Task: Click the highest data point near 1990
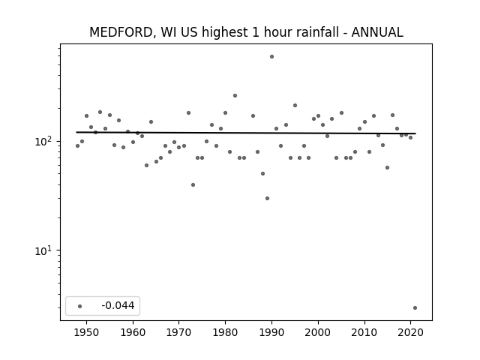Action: [x=271, y=57]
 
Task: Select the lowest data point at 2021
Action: [x=415, y=308]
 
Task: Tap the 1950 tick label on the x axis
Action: [x=87, y=332]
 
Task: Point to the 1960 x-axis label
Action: [x=133, y=332]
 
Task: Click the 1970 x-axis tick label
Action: [x=179, y=332]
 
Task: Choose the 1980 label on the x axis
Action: [x=225, y=332]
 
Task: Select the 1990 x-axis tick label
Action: [x=271, y=332]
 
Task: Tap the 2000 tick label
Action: [x=318, y=332]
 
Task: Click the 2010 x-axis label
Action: [x=364, y=332]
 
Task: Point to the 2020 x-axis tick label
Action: [x=410, y=332]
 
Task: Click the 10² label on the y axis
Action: [x=43, y=141]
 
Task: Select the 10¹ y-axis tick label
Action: [x=43, y=250]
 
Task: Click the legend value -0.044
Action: [x=118, y=305]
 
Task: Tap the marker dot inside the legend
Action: [x=80, y=306]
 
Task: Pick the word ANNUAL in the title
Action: [x=377, y=32]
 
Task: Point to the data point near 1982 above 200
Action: [x=235, y=96]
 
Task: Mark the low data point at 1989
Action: [x=267, y=198]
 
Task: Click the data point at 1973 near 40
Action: [x=193, y=185]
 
